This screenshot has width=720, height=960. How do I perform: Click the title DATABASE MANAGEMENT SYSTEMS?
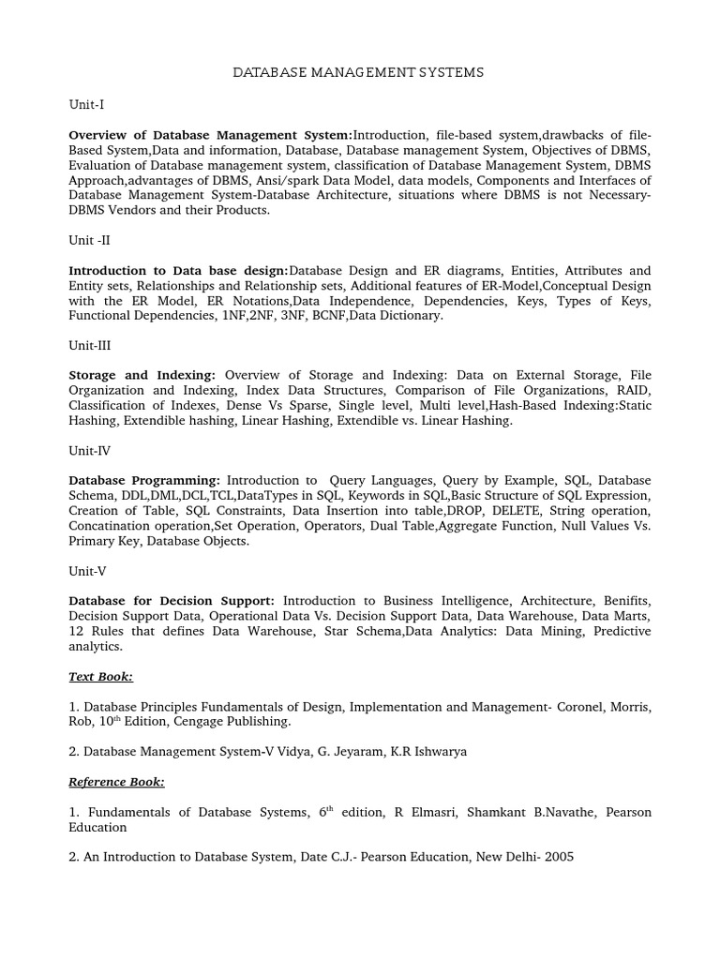click(358, 72)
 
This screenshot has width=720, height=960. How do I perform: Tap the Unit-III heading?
click(90, 344)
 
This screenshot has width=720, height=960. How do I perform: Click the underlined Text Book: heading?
click(100, 676)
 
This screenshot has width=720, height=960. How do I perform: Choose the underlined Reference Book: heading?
click(116, 781)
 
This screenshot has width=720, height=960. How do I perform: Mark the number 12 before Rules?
click(77, 631)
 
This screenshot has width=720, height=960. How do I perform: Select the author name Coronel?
click(545, 706)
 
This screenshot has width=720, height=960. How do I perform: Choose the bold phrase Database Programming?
click(144, 480)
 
